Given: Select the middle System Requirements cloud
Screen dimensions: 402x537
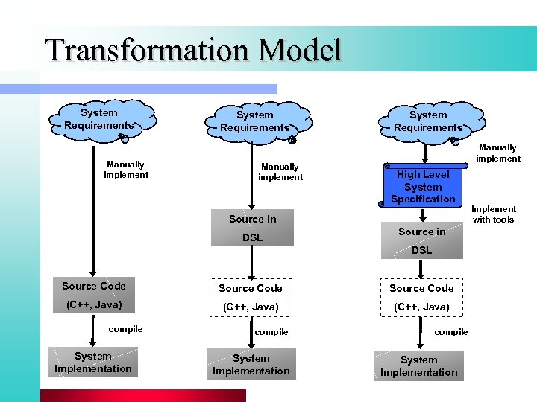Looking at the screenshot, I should point(255,121).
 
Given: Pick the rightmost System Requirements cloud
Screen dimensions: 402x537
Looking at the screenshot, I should point(428,121).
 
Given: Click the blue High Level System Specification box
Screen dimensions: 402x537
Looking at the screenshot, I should point(423,186).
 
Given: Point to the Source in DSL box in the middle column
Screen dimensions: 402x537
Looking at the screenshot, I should point(252,229).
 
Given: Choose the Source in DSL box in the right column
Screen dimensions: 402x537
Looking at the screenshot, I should point(421,240).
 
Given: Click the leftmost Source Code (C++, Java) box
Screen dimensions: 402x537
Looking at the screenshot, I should point(94,296).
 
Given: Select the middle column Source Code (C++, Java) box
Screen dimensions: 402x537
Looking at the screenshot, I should point(251,297).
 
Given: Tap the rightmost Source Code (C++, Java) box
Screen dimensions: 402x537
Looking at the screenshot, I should point(421,297).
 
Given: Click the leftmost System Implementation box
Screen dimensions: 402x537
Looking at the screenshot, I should point(93,363).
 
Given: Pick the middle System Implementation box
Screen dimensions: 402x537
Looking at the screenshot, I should point(251,364).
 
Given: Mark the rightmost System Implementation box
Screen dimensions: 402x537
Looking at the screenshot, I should point(419,366).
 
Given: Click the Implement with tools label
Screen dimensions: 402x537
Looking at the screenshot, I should point(493,214).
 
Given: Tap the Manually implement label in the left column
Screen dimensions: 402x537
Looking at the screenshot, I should point(126,170).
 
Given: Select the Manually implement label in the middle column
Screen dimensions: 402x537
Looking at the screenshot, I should point(280,172).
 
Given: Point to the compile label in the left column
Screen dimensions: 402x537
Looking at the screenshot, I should point(126,329).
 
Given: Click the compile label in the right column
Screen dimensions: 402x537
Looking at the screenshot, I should point(451,332).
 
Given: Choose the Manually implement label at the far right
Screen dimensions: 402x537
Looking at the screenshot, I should point(497,153).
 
